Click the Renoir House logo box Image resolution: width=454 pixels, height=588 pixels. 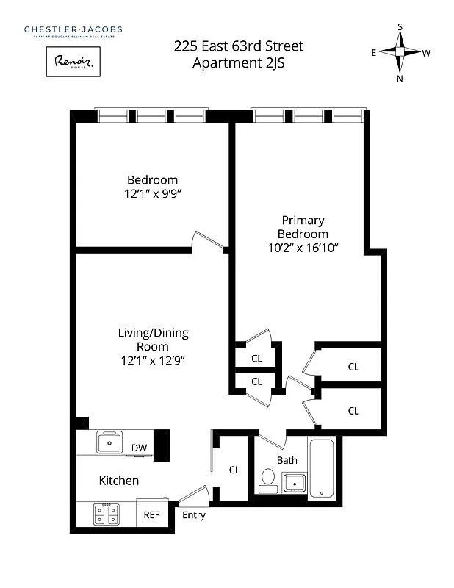(x=73, y=62)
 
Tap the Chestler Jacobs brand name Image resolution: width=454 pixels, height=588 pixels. (x=73, y=29)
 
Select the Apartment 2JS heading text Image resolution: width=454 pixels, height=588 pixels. (x=239, y=63)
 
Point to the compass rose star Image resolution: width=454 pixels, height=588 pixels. (x=400, y=52)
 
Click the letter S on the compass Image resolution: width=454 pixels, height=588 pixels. (x=400, y=26)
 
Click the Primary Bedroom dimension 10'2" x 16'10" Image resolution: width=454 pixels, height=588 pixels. (x=303, y=248)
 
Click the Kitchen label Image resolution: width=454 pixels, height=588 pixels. (x=119, y=481)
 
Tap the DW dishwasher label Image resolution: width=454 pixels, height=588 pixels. (x=139, y=448)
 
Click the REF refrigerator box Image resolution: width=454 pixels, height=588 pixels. (x=151, y=515)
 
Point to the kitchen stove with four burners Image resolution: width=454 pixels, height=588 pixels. (x=107, y=514)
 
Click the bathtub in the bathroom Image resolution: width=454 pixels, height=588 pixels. (x=321, y=467)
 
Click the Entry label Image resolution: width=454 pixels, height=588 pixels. (x=194, y=515)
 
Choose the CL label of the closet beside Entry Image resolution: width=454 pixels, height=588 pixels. (x=234, y=470)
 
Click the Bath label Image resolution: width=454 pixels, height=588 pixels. (x=287, y=460)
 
